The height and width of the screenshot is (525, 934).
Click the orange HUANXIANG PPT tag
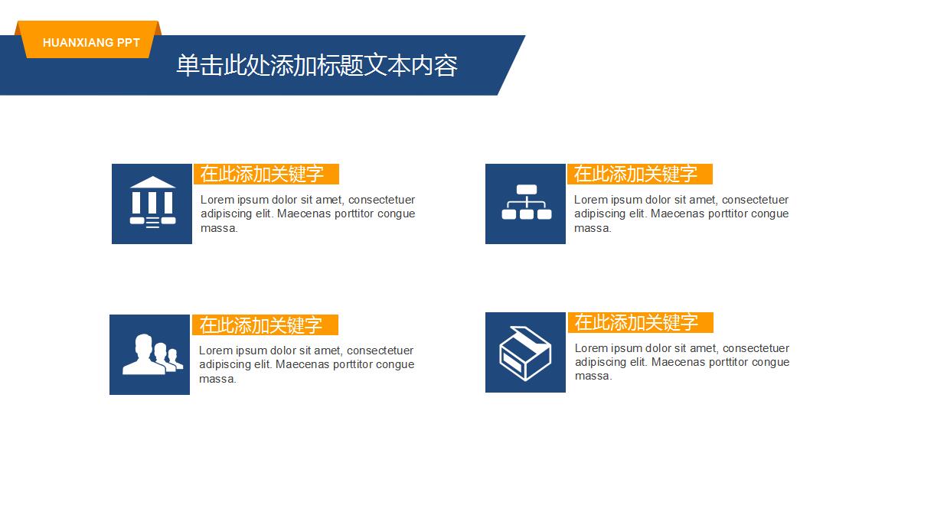point(91,43)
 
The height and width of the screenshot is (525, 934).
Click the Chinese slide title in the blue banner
point(317,66)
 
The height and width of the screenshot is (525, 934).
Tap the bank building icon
point(152,204)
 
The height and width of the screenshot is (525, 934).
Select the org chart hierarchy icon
point(526,203)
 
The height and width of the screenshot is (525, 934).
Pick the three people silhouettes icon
point(150,355)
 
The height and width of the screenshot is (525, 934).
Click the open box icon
point(525,353)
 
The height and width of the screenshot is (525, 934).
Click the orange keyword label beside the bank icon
point(266,174)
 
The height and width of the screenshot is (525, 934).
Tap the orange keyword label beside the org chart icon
point(639,174)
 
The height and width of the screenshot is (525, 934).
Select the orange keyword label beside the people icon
point(265,325)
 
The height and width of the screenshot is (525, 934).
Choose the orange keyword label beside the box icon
point(640,323)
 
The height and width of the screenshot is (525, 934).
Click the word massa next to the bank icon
point(219,228)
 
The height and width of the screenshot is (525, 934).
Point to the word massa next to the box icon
point(593,376)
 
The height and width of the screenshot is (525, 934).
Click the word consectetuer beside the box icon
point(756,348)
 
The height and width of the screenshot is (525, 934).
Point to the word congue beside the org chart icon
point(770,214)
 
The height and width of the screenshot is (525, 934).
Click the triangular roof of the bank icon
point(152,183)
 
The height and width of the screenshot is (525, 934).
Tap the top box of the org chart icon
point(526,189)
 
